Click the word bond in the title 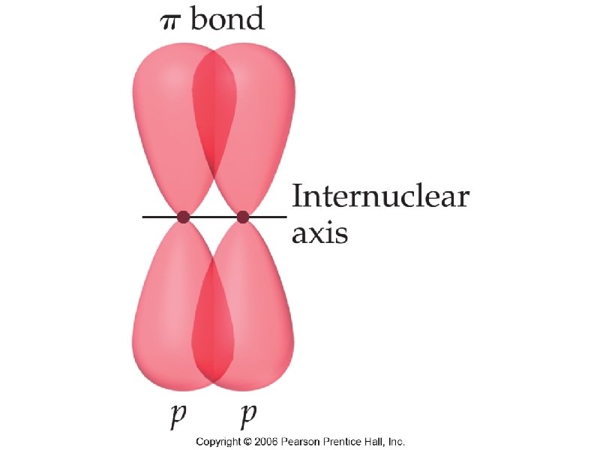[227, 18]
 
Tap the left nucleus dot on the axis [182, 217]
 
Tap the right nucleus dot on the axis [242, 217]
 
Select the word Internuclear [379, 198]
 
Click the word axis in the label [319, 233]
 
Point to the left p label [179, 415]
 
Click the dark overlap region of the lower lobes [213, 322]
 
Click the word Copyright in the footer [218, 442]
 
